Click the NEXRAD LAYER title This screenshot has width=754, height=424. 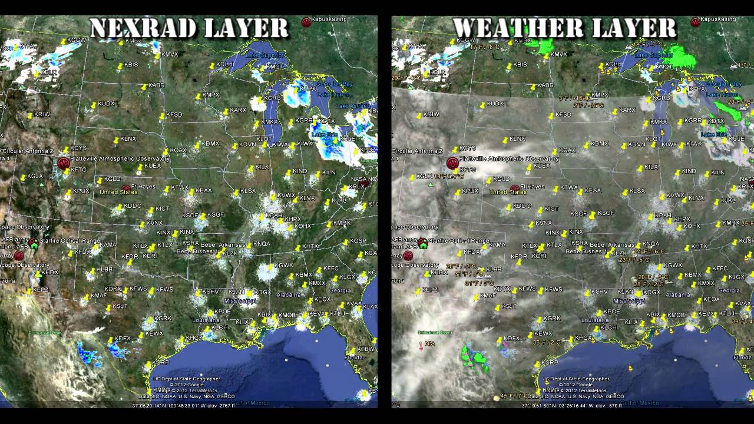189,28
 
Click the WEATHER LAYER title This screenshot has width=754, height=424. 565,28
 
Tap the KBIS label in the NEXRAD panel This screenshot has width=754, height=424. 131,65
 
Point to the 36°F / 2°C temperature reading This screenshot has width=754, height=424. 547,342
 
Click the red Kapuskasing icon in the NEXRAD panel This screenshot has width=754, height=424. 306,22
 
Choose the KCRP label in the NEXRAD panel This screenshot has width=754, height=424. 161,363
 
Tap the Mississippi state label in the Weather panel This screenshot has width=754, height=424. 629,300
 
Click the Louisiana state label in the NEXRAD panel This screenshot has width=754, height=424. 206,320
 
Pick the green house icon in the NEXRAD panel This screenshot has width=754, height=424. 34,243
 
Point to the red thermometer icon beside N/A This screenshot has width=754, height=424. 421,345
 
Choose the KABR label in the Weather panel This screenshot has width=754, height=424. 545,85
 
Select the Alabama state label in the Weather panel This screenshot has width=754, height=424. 678,295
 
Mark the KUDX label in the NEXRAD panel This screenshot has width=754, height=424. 106,104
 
